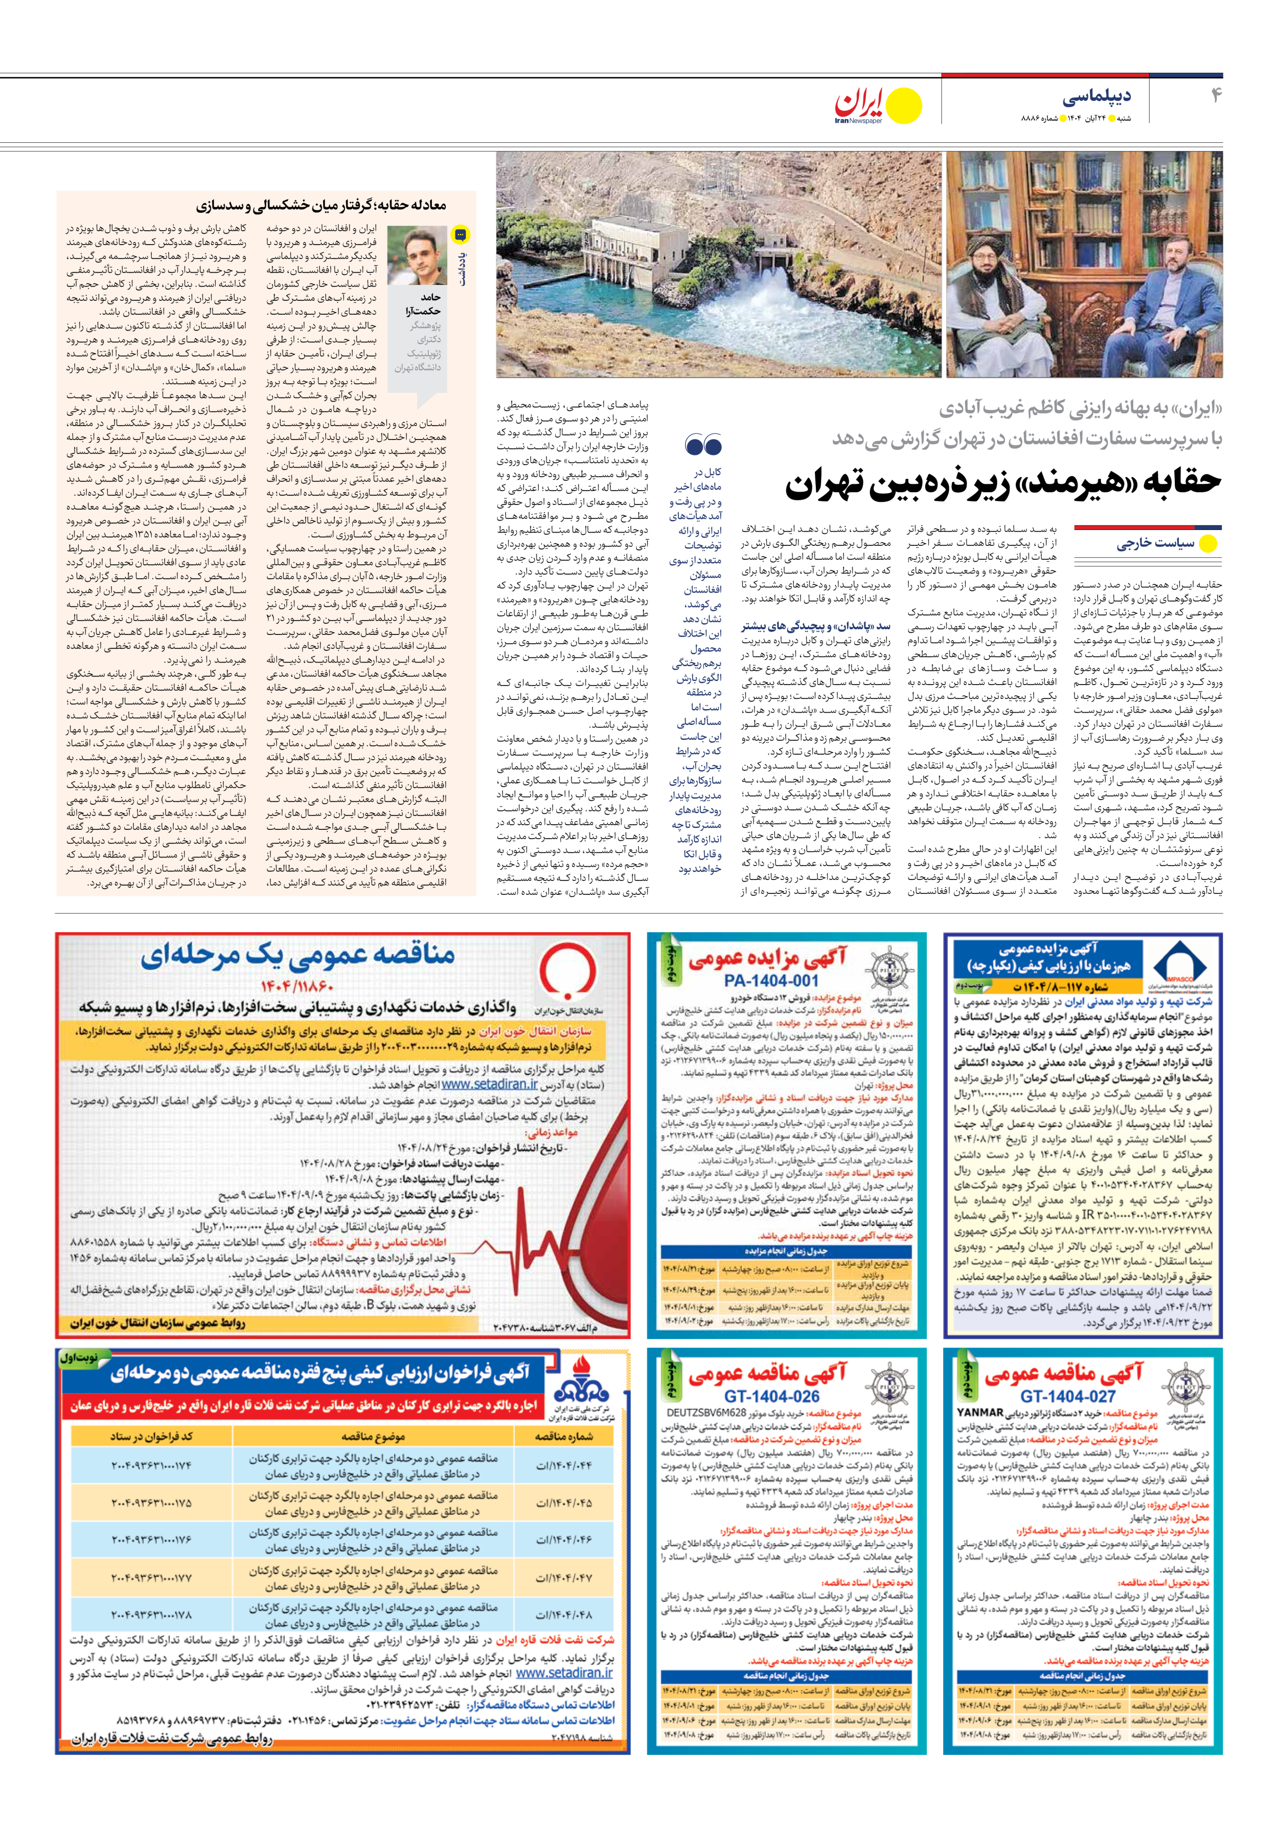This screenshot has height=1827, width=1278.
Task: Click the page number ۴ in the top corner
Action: (1216, 96)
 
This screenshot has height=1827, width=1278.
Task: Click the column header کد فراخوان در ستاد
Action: (151, 1436)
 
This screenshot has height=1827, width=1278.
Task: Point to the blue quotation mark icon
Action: (703, 445)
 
